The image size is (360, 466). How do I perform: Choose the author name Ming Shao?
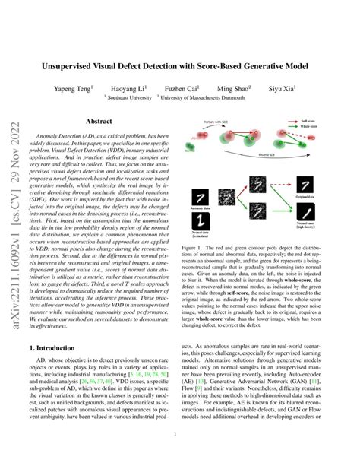(244, 87)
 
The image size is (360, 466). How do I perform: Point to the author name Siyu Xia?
(290, 87)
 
